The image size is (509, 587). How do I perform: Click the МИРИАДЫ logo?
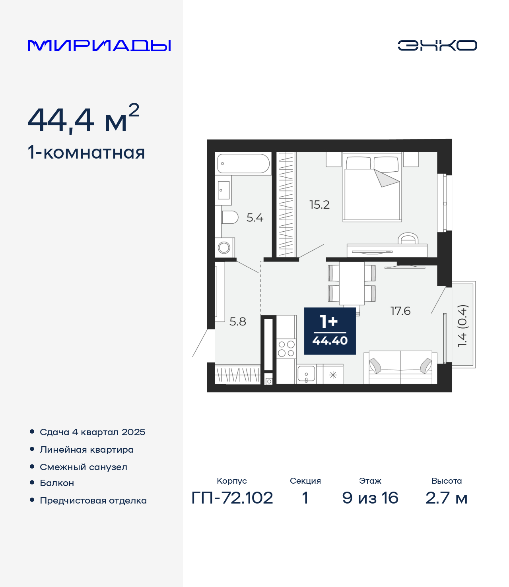point(99,45)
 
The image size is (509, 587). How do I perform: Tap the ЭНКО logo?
point(437,45)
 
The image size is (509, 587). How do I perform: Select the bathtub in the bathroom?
point(243,164)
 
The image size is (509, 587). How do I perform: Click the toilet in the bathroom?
point(229,217)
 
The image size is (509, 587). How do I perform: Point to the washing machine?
point(225,248)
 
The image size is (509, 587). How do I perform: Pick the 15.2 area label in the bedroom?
point(319,205)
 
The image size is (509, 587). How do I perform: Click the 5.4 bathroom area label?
point(255,218)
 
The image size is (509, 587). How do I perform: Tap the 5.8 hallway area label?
point(238,322)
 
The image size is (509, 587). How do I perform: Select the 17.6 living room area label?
point(400,311)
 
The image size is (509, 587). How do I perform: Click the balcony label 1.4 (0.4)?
point(462,325)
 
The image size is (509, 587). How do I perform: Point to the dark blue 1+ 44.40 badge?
point(330,331)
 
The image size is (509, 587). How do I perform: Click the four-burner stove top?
point(286,349)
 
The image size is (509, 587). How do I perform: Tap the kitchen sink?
point(306,374)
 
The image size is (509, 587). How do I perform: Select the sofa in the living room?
point(400,368)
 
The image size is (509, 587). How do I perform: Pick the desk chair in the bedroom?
point(408,238)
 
